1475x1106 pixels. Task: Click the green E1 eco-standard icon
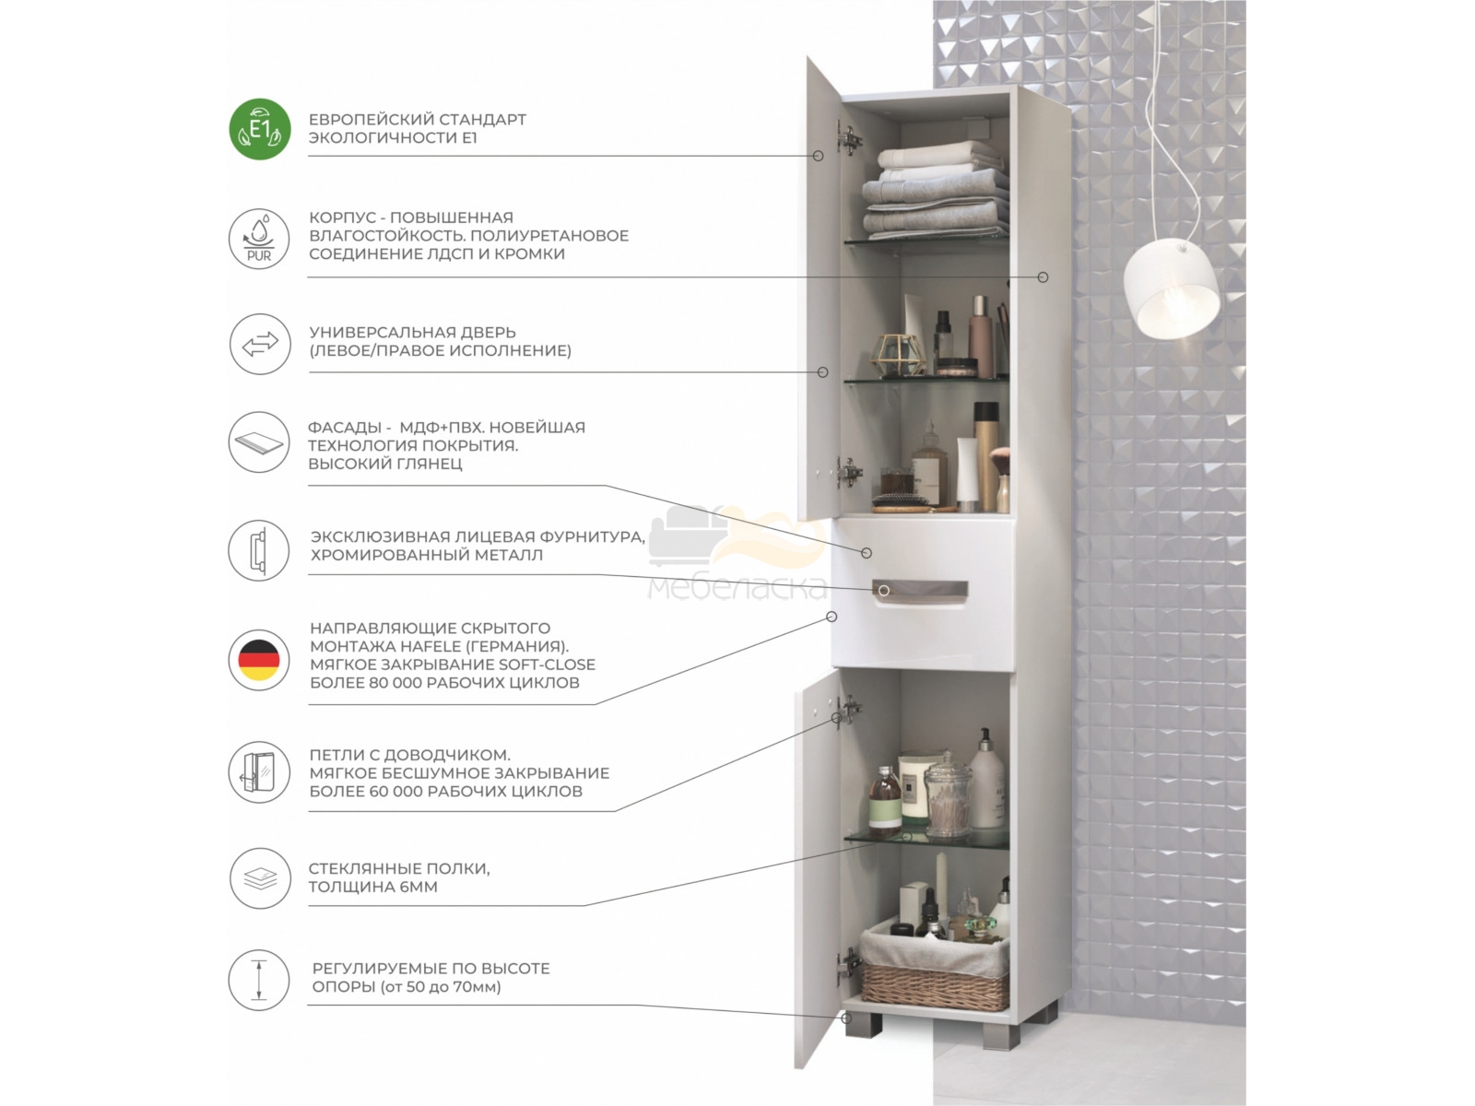coord(260,129)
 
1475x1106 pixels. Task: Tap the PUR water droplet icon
coord(259,239)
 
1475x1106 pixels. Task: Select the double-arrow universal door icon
coord(260,344)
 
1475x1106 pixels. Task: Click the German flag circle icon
coord(259,660)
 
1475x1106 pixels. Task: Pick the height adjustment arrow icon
coord(259,980)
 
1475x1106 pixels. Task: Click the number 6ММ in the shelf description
coord(419,887)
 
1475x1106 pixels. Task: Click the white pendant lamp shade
coord(1171,288)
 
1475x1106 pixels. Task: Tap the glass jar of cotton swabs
coord(948,794)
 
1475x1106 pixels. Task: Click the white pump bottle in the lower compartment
coord(986,778)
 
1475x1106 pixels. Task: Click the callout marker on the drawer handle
coord(884,590)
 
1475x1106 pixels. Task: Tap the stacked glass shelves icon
coord(260,878)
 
